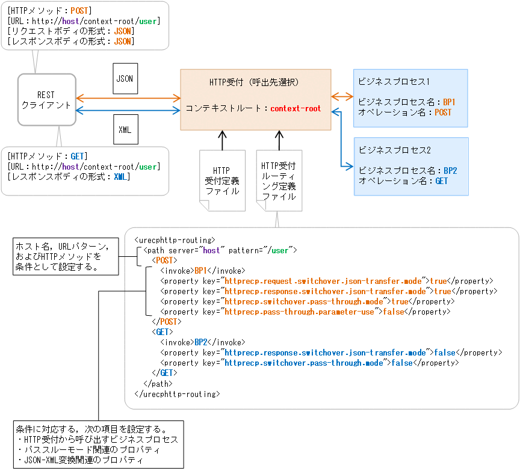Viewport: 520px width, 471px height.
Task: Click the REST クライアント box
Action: pos(46,99)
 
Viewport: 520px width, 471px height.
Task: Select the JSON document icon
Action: pos(125,79)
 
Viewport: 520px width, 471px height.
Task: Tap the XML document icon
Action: pos(125,129)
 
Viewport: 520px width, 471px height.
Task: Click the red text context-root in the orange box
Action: pos(296,109)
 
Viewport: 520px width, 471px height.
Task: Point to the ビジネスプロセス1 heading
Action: pos(394,81)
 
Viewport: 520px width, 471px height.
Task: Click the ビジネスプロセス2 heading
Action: pos(394,149)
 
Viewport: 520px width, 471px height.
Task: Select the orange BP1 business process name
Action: pos(449,102)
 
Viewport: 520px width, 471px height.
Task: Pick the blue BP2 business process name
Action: pos(450,170)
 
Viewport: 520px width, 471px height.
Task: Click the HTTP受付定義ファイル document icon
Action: pos(222,180)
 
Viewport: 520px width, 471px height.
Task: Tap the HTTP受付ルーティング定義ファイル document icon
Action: pos(279,180)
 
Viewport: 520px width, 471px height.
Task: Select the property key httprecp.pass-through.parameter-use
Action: pos(299,312)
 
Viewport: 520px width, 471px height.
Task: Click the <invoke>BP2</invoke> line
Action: pos(202,342)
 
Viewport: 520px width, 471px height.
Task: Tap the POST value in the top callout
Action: pos(79,11)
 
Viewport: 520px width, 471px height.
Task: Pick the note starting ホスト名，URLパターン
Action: pos(65,256)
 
